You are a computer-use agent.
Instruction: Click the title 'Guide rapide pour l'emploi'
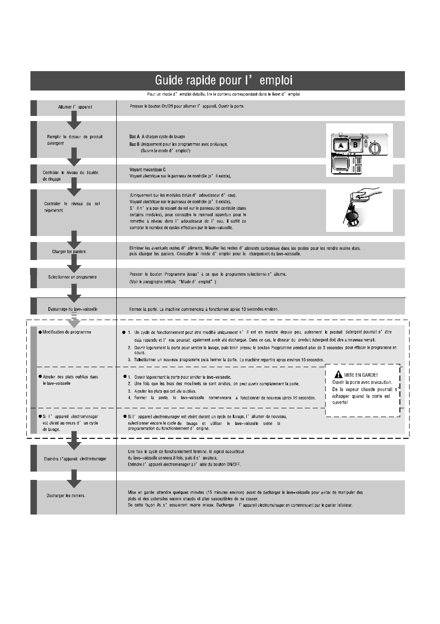pyautogui.click(x=223, y=80)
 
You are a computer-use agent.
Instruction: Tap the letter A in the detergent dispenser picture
pyautogui.click(x=341, y=145)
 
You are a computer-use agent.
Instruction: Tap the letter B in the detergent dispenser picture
pyautogui.click(x=355, y=145)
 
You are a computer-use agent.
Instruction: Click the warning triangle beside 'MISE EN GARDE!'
pyautogui.click(x=338, y=375)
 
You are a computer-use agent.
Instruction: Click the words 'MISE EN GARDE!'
pyautogui.click(x=361, y=375)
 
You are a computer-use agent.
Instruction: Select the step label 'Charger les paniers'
pyautogui.click(x=69, y=252)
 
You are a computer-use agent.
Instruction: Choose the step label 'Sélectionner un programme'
pyautogui.click(x=72, y=277)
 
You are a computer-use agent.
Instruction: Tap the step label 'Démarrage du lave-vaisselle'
pyautogui.click(x=72, y=309)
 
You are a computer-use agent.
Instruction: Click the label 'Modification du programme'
pyautogui.click(x=66, y=332)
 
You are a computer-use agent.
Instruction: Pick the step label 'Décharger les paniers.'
pyautogui.click(x=65, y=496)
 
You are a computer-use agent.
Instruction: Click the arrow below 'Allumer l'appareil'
pyautogui.click(x=74, y=121)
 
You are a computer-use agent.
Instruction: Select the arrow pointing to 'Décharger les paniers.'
pyautogui.click(x=74, y=479)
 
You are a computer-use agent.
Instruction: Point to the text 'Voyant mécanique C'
pyautogui.click(x=148, y=170)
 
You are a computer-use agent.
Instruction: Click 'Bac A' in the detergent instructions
pyautogui.click(x=134, y=137)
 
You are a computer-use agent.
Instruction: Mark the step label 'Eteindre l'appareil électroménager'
pyautogui.click(x=75, y=459)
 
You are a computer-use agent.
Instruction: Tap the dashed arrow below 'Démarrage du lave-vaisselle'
pyautogui.click(x=74, y=320)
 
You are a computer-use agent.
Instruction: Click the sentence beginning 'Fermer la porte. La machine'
pyautogui.click(x=204, y=309)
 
